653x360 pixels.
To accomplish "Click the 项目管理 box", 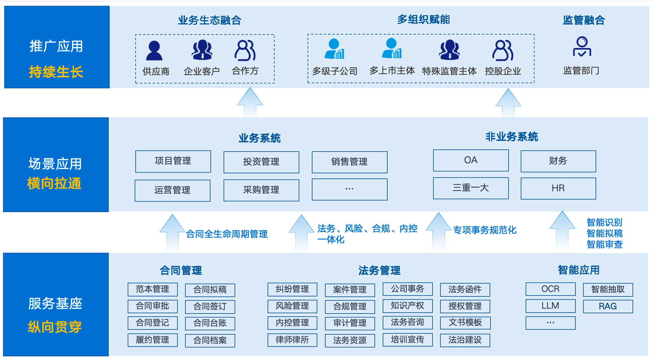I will click(173, 161).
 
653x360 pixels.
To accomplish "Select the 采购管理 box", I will click(261, 190).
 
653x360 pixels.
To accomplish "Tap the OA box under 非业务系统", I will click(471, 160).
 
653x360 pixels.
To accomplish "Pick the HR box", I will click(558, 188).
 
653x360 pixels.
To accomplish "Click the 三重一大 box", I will click(471, 188).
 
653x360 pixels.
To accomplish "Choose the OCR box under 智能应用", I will click(550, 289).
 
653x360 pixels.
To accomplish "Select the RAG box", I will click(608, 306).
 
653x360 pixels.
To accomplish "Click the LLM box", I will click(550, 306).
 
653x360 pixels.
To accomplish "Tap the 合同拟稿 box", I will click(210, 290).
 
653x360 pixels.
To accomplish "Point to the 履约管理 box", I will click(152, 340).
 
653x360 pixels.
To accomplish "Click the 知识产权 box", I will click(407, 306).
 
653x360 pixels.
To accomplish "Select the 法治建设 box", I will click(465, 340).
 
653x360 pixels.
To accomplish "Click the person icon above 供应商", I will click(154, 50).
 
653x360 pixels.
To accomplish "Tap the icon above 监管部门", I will click(582, 46).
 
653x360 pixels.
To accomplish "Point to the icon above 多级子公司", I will click(334, 49).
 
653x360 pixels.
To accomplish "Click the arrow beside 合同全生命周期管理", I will click(173, 232).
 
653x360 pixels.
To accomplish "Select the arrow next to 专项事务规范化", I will click(439, 231).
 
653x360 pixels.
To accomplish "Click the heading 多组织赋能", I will click(423, 20).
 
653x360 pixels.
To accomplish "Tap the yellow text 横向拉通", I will click(54, 183).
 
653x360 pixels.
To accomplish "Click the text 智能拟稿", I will click(604, 233).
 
